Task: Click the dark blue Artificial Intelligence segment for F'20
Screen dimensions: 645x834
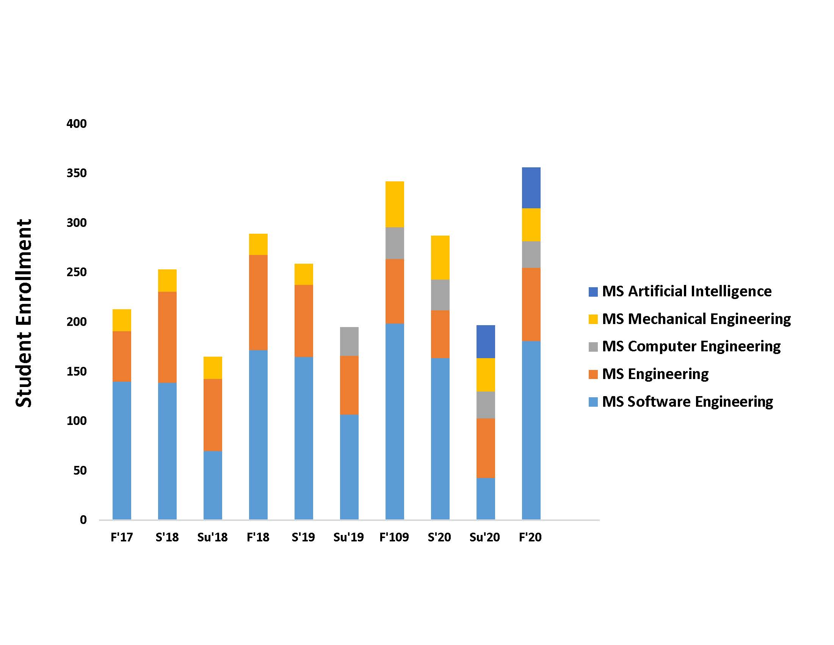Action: click(531, 187)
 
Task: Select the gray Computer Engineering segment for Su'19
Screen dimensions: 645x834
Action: click(349, 341)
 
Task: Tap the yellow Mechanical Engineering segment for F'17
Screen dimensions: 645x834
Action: click(122, 320)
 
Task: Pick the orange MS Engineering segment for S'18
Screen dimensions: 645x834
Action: click(167, 337)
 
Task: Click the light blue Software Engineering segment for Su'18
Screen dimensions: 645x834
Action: click(213, 485)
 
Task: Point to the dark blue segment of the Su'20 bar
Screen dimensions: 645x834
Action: click(485, 341)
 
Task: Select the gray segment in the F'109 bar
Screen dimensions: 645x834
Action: click(395, 243)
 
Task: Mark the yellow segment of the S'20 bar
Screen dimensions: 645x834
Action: click(440, 258)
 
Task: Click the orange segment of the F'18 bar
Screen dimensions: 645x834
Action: click(258, 302)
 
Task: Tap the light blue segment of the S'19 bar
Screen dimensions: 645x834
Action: click(304, 438)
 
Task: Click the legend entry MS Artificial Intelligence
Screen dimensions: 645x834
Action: click(687, 291)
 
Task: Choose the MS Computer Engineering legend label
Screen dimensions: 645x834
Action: click(691, 346)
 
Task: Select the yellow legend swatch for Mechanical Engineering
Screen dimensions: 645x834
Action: click(593, 319)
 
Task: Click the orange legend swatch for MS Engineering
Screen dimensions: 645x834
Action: click(593, 374)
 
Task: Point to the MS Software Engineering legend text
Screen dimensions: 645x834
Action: click(687, 401)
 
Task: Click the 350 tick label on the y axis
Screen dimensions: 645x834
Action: click(76, 173)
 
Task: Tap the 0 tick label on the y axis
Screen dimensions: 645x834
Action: click(83, 520)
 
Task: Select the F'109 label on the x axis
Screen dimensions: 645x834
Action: click(394, 537)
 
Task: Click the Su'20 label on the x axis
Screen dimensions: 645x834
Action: click(484, 537)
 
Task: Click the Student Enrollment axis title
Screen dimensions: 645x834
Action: click(24, 313)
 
